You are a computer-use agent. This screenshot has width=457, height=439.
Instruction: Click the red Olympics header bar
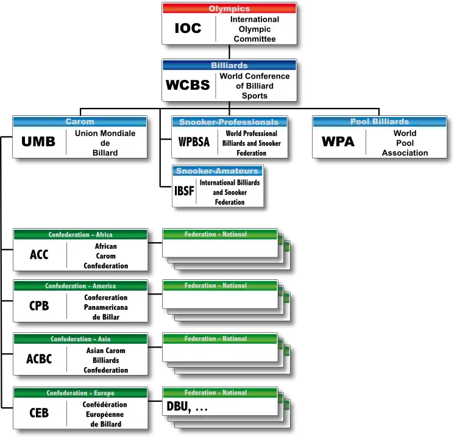[x=229, y=9]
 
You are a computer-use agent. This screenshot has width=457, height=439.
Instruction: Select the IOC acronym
[x=188, y=29]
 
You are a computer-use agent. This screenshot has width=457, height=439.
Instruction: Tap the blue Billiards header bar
[x=229, y=65]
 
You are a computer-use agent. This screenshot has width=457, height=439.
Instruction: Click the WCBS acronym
[x=188, y=85]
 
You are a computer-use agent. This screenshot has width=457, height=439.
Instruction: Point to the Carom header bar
[x=80, y=121]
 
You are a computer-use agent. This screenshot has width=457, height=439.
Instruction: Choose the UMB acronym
[x=38, y=142]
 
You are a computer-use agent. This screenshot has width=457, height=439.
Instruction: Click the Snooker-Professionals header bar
[x=229, y=122]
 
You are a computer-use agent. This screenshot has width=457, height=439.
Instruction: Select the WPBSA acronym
[x=194, y=142]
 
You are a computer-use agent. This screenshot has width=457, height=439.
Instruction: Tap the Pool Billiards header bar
[x=380, y=121]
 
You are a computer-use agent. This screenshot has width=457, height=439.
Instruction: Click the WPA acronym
[x=338, y=142]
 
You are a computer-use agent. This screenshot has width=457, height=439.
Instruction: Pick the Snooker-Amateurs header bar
[x=218, y=171]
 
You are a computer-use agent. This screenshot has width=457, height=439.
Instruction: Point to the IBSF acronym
[x=184, y=192]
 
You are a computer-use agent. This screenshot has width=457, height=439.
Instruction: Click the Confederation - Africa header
[x=80, y=235]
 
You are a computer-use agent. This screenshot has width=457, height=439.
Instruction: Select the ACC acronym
[x=39, y=255]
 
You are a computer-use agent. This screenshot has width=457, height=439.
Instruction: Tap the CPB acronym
[x=39, y=306]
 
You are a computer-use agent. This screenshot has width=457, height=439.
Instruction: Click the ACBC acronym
[x=39, y=359]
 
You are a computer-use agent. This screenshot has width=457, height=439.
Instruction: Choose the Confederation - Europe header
[x=80, y=393]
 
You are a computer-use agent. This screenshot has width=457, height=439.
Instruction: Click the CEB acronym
[x=39, y=413]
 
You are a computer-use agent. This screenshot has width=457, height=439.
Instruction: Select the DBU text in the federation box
[x=177, y=408]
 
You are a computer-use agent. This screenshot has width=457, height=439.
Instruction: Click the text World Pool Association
[x=405, y=143]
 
